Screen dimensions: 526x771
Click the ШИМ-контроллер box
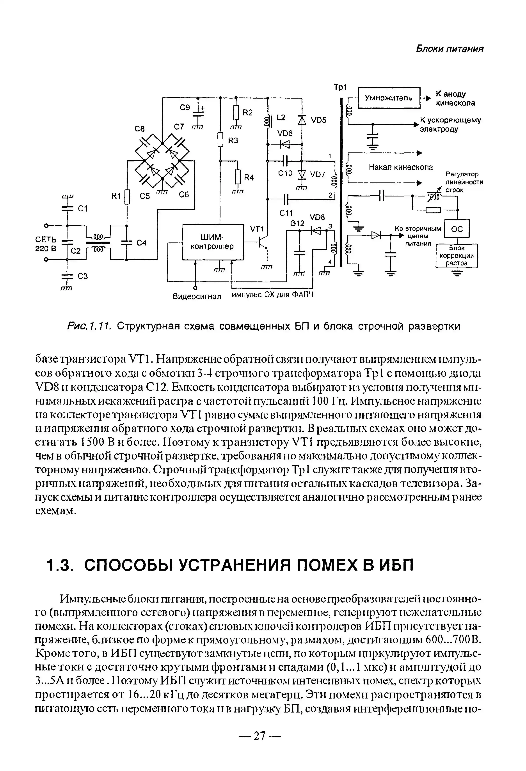coord(213,242)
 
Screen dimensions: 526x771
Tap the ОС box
coord(457,229)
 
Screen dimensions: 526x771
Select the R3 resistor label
coord(233,141)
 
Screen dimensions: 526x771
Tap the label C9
coord(185,108)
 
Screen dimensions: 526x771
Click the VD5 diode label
coord(319,120)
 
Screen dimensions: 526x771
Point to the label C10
coord(285,173)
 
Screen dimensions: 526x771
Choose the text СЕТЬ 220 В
coord(46,244)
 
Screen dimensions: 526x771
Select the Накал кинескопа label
coord(401,167)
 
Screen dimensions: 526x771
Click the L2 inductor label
coord(281,117)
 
